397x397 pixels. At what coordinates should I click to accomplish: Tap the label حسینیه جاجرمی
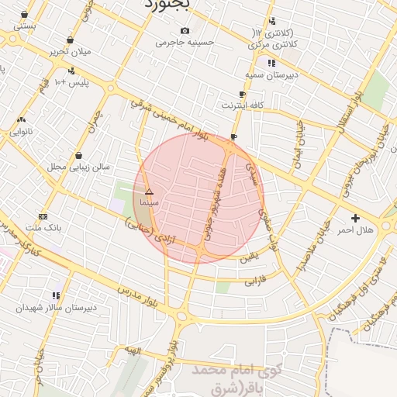coord(185,43)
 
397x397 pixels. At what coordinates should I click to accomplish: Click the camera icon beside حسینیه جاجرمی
coord(185,30)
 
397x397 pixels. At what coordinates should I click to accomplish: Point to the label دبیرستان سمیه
coord(271,74)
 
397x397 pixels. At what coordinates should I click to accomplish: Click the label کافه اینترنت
coord(243,104)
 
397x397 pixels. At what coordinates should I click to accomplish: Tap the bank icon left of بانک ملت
coord(43,216)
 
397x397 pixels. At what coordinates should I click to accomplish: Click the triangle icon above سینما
coord(149,191)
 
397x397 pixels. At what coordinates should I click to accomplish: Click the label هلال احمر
coord(354,230)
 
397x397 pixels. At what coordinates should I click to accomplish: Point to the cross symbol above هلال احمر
coord(355,218)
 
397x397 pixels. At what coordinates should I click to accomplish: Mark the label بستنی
coord(24,26)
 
